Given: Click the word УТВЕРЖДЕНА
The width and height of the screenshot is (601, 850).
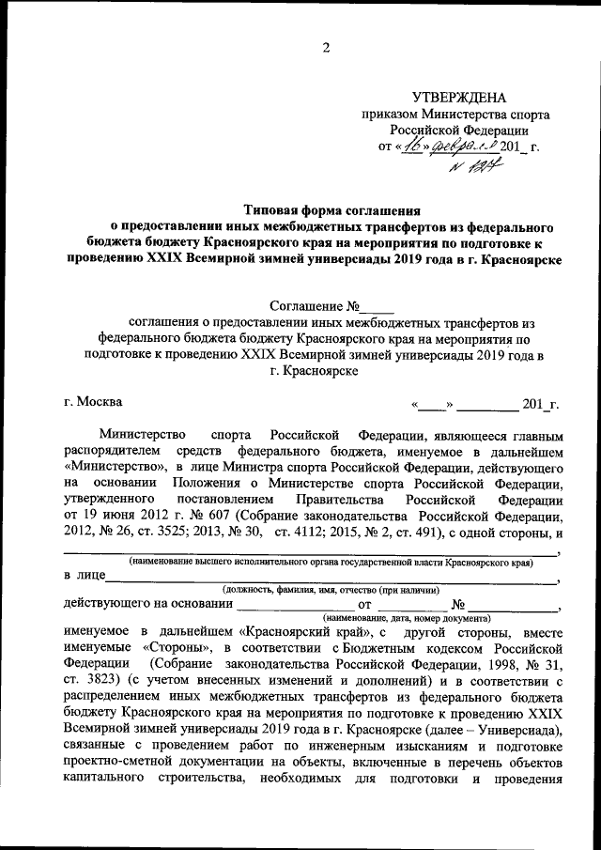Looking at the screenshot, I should coord(459,98).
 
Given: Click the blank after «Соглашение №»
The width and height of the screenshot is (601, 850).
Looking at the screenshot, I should coord(378,306).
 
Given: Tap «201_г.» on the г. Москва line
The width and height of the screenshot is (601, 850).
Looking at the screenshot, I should coord(541,405).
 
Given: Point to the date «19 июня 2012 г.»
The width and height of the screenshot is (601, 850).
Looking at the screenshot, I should coord(125,517).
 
